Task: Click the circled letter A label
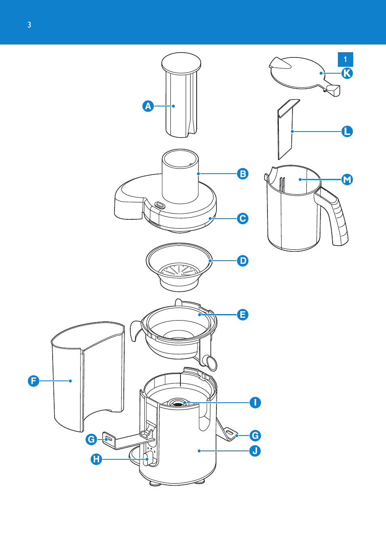point(148,106)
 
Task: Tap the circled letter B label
point(243,174)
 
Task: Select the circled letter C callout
point(243,219)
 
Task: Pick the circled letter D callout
point(243,261)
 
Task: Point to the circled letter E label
point(243,314)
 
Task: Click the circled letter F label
point(34,381)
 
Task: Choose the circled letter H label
point(96,459)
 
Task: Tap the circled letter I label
point(255,402)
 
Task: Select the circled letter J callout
point(255,450)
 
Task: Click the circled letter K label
point(347,73)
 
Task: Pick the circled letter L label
point(347,132)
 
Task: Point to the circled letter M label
point(347,180)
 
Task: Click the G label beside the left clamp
point(91,440)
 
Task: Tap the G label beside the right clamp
point(255,435)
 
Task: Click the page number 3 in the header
point(30,25)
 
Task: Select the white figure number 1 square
point(346,59)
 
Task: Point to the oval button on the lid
point(160,205)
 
